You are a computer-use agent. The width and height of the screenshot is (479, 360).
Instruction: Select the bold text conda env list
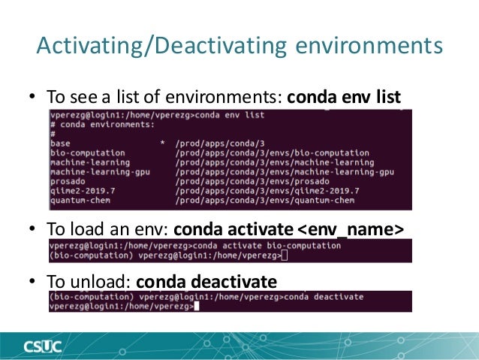pyautogui.click(x=345, y=98)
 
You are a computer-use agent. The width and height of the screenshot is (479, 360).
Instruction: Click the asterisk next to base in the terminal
pyautogui.click(x=162, y=143)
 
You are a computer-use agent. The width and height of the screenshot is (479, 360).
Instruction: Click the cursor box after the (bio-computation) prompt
pyautogui.click(x=284, y=256)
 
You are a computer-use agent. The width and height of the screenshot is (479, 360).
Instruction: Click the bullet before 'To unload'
pyautogui.click(x=32, y=283)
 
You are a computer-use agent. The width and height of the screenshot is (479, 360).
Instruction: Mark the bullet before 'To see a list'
pyautogui.click(x=32, y=98)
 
